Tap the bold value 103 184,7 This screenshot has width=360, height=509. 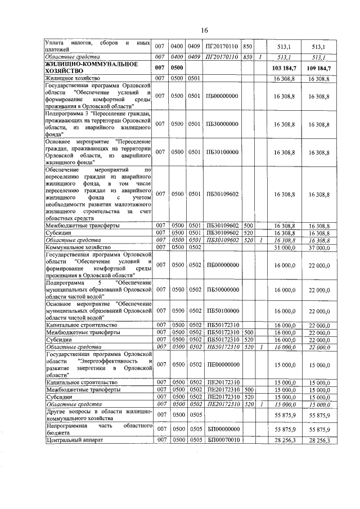(286, 68)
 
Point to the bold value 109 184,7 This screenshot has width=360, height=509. (319, 68)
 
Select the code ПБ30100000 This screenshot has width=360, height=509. (223, 151)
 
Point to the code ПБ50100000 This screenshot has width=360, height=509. (223, 310)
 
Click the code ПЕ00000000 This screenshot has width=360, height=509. (223, 364)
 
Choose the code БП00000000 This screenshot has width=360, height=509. (223, 429)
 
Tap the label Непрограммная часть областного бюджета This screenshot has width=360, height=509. (99, 429)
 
